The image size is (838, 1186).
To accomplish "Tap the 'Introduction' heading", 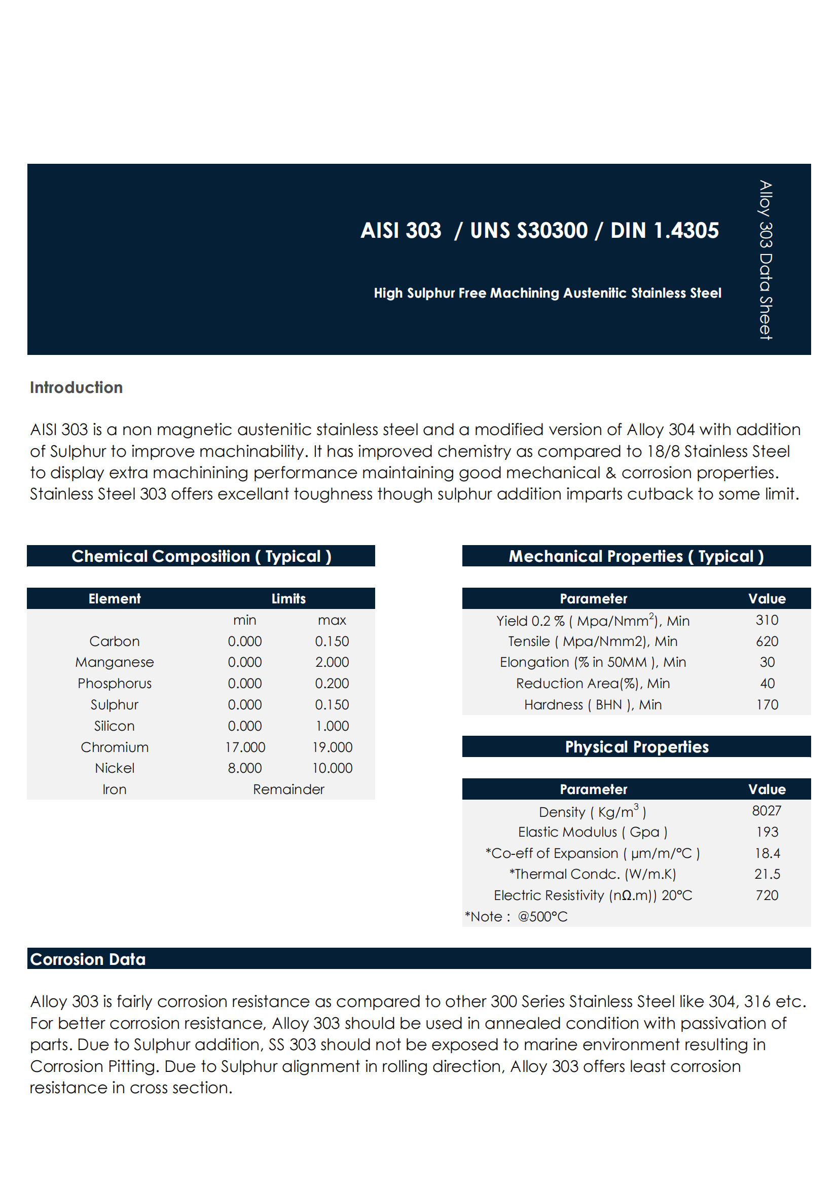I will point(77,387).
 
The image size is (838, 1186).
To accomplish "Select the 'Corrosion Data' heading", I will point(88,959).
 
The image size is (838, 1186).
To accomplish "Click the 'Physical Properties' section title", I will point(636,747).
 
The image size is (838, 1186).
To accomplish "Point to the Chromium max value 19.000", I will point(332,747).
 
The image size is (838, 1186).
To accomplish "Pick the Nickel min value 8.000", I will point(245,768).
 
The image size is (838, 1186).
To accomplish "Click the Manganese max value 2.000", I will point(332,662).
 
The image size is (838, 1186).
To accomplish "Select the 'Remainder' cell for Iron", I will point(288,789).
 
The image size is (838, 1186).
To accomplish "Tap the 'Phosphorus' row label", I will point(115,684).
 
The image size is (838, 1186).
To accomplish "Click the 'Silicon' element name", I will point(115,726).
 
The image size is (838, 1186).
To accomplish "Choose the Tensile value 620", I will point(767,641).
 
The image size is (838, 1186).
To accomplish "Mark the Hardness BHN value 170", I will point(767,705).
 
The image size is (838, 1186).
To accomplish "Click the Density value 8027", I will point(767,811).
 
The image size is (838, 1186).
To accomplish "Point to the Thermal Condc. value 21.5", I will point(767,874).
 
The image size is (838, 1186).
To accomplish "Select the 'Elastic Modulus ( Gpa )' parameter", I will point(593,832).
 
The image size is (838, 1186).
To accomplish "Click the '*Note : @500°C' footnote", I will point(516,916).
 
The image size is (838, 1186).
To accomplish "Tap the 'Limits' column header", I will point(288,599).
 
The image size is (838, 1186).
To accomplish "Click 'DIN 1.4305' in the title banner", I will point(664,230).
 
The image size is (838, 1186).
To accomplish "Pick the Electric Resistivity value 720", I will point(767,895).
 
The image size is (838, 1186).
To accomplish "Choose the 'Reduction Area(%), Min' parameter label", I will point(593,684).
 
